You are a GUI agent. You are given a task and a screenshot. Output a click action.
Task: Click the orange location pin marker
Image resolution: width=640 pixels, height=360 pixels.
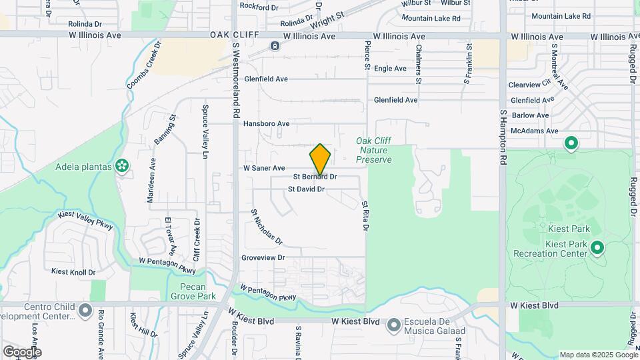pos(320,159)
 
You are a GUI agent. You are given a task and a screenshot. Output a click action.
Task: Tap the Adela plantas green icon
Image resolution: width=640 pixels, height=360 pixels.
pos(122,165)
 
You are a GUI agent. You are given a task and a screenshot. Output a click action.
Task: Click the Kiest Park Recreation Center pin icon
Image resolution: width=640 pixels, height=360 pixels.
pos(597,249)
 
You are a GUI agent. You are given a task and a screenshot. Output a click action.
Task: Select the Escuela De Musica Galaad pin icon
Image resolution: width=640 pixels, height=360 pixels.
pos(394,325)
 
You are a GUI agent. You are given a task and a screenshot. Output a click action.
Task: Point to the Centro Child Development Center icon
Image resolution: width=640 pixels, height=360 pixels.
pos(85,311)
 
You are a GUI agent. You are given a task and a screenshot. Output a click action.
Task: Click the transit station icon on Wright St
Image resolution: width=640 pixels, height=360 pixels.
pos(275,45)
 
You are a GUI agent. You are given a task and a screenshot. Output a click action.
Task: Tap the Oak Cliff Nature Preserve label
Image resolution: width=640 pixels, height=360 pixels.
pos(373,150)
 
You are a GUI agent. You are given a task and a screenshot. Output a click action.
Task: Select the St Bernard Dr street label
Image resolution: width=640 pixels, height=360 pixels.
pos(315,177)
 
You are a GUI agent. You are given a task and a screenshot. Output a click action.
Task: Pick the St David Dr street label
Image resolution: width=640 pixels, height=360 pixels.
pos(306,189)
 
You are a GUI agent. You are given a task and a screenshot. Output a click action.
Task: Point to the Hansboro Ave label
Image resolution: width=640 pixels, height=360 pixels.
pos(266,123)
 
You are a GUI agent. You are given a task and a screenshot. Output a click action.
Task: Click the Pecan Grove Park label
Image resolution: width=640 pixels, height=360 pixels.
pos(193,291)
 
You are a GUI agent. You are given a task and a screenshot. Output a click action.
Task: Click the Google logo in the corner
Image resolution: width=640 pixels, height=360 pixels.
pos(21,351)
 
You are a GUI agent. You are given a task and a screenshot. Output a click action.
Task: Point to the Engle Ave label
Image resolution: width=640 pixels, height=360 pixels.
pos(390,68)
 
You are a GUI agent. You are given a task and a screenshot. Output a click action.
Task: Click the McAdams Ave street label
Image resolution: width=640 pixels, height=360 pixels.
pos(533,131)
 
